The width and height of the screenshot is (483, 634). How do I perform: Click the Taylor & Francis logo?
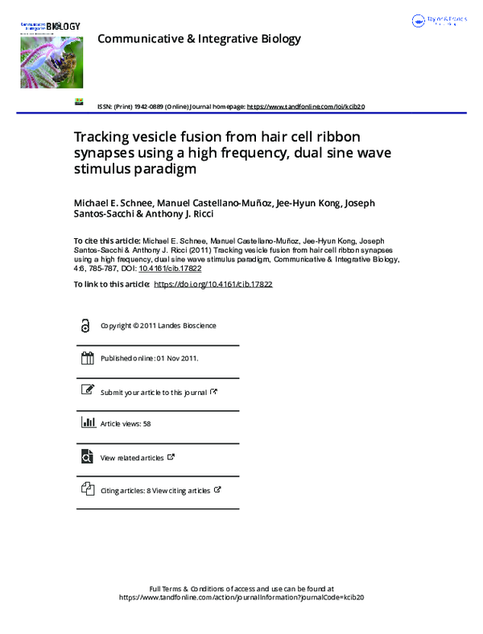click(439, 21)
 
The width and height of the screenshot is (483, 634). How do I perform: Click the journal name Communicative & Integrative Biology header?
click(199, 39)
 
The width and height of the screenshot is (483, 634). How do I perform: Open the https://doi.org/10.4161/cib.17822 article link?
click(213, 284)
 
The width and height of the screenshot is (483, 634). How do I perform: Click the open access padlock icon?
click(86, 326)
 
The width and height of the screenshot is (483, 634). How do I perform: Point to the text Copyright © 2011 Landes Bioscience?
click(158, 326)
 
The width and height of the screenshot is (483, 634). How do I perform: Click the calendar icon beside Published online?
click(87, 359)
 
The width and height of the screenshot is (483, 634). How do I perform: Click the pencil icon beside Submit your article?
click(87, 391)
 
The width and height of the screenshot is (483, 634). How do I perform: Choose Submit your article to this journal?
click(153, 392)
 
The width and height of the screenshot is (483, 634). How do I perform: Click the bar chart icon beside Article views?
click(87, 423)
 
